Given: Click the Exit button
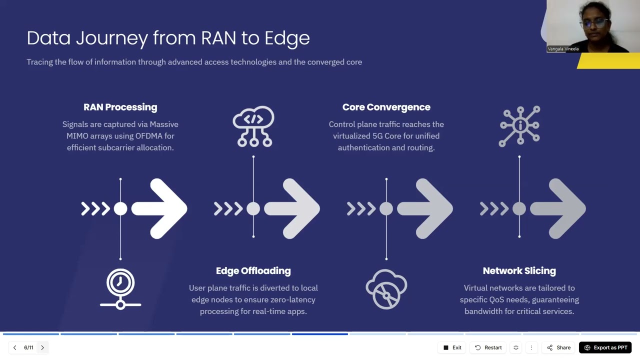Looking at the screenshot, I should (452, 347).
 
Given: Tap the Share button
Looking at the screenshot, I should (558, 347).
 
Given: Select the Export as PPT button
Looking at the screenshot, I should (605, 347).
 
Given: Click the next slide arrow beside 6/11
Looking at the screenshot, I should (42, 347).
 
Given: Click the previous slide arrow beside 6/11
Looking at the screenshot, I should (14, 347).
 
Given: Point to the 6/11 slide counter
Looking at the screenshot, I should (28, 347).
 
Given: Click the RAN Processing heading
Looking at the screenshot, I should (120, 107).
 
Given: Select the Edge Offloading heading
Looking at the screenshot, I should (253, 270).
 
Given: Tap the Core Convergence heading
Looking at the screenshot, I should (386, 107).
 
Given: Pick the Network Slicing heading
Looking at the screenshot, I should (519, 270).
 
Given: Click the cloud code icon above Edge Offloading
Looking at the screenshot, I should (253, 126).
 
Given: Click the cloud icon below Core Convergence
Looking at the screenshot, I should (386, 288).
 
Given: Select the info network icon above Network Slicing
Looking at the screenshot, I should (519, 126).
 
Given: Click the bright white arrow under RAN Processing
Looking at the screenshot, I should (160, 208).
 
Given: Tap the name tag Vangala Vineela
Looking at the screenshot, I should (563, 49).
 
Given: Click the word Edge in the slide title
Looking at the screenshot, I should (287, 38).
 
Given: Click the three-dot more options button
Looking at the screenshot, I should (531, 347).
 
